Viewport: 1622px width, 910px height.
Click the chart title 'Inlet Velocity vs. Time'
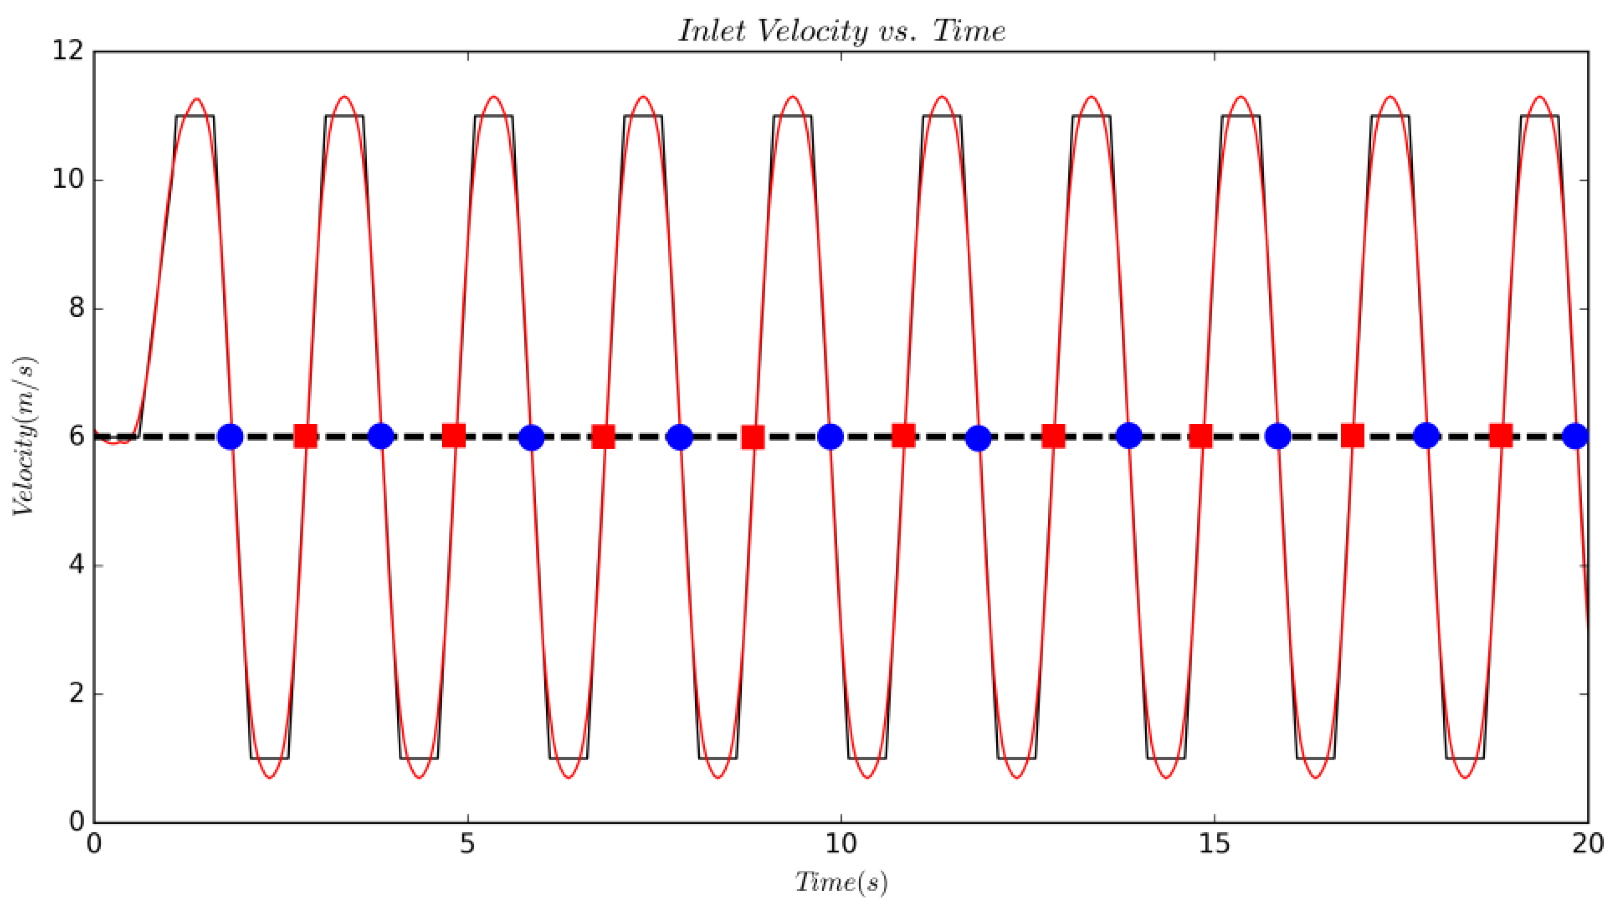point(841,31)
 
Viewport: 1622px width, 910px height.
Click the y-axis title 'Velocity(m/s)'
point(25,436)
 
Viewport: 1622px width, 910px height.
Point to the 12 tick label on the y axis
point(68,51)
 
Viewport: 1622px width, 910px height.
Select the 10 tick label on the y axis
point(68,180)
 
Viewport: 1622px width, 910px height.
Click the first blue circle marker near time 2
point(230,436)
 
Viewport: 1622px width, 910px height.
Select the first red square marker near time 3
point(306,436)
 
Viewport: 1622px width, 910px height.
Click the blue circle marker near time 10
point(831,436)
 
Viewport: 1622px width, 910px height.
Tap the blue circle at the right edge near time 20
point(1575,436)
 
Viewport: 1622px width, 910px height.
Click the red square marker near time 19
point(1501,436)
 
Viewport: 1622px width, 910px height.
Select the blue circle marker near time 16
point(1278,436)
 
